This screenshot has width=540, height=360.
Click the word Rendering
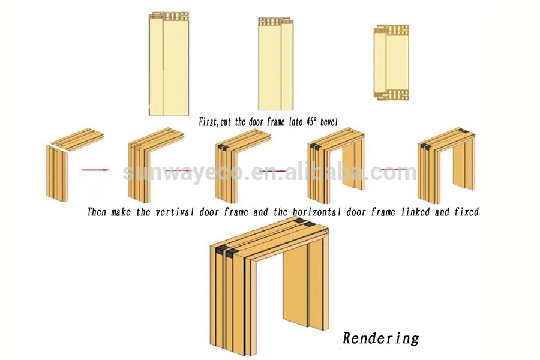tap(380, 338)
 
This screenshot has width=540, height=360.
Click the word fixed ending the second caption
tap(466, 212)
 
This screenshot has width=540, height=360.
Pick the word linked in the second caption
tap(414, 212)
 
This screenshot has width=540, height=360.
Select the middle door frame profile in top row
tap(275, 63)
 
